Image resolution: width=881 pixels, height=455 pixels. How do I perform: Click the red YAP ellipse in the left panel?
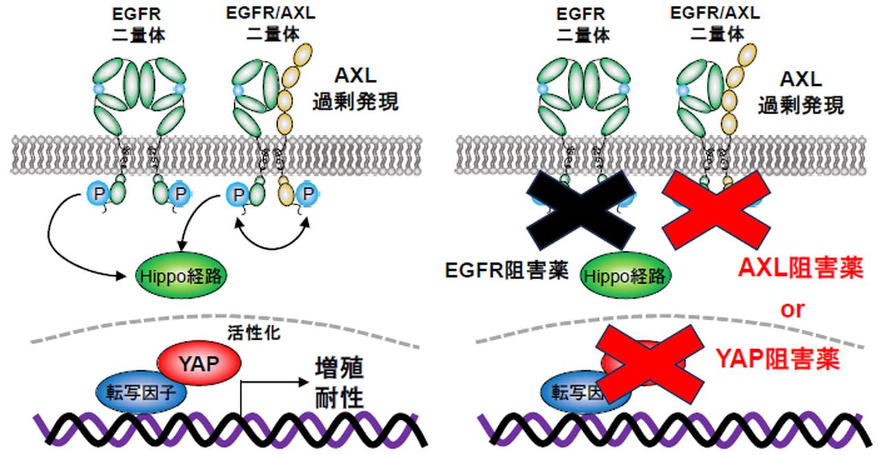pyautogui.click(x=200, y=363)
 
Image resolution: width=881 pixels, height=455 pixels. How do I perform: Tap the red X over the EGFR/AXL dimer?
pyautogui.click(x=716, y=210)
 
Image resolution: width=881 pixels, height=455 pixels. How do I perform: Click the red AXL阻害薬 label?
pyautogui.click(x=800, y=269)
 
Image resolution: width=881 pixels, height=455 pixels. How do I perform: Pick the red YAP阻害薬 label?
pyautogui.click(x=778, y=358)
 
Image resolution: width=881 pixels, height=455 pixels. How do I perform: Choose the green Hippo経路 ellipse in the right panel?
pyautogui.click(x=625, y=276)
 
